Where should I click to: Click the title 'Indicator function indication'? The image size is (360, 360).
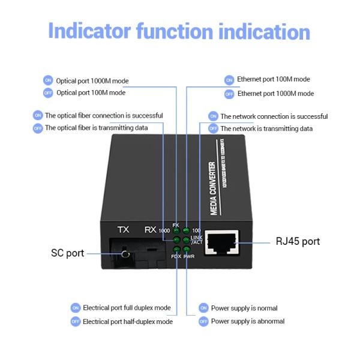(x=179, y=31)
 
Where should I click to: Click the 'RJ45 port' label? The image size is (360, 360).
(x=298, y=242)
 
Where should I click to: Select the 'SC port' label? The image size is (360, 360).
(x=67, y=253)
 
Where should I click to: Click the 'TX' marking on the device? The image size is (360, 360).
(x=123, y=230)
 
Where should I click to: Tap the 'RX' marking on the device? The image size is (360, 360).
(x=151, y=230)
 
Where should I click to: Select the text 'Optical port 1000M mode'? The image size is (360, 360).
(x=92, y=80)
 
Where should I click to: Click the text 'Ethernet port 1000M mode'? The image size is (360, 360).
(x=275, y=94)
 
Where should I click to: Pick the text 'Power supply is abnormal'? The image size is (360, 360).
(x=248, y=322)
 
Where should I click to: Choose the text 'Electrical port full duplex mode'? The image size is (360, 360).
(x=127, y=308)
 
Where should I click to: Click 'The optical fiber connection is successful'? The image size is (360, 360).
(x=104, y=115)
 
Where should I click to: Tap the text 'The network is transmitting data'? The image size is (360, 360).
(x=266, y=128)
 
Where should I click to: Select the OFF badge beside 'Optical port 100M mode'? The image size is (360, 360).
(x=48, y=93)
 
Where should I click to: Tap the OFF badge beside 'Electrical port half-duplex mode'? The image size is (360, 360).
(x=76, y=322)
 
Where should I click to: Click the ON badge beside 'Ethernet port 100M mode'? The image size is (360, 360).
(x=229, y=80)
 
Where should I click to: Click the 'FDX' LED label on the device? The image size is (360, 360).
(x=176, y=256)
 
